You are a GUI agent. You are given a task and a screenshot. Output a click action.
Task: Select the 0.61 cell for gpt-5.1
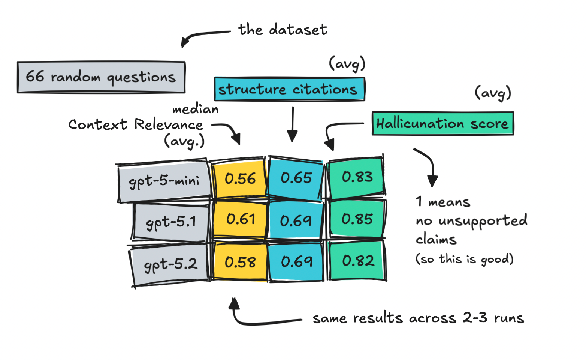[x=240, y=219]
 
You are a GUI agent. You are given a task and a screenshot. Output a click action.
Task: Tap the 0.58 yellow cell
[x=240, y=261]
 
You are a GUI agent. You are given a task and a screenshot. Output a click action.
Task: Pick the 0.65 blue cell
[x=296, y=178]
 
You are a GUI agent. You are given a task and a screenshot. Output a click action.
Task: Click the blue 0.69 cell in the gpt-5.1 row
[x=296, y=220]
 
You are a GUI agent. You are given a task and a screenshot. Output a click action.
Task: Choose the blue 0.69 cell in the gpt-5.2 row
[x=296, y=261]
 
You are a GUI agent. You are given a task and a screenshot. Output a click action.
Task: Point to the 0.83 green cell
[x=357, y=177]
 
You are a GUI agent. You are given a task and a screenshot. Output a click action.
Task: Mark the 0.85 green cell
[x=357, y=219]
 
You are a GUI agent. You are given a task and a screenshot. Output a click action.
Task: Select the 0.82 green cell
[x=357, y=261]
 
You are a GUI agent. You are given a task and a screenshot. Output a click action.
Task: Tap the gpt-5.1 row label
[x=170, y=222]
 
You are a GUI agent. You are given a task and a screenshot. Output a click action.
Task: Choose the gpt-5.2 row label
[x=170, y=264]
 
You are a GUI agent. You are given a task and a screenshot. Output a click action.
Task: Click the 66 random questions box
[x=101, y=77]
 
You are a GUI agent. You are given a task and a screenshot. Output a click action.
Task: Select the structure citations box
[x=289, y=89]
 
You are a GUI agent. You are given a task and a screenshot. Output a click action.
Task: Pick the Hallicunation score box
[x=442, y=123]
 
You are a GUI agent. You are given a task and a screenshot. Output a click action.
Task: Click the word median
[x=196, y=109]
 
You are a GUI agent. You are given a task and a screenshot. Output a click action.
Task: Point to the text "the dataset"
[x=283, y=29]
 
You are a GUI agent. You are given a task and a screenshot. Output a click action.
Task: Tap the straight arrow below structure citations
[x=293, y=124]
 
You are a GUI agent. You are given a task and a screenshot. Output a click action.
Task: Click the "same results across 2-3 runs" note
[x=418, y=318]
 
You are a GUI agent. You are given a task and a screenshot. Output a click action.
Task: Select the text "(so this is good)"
[x=464, y=259]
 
